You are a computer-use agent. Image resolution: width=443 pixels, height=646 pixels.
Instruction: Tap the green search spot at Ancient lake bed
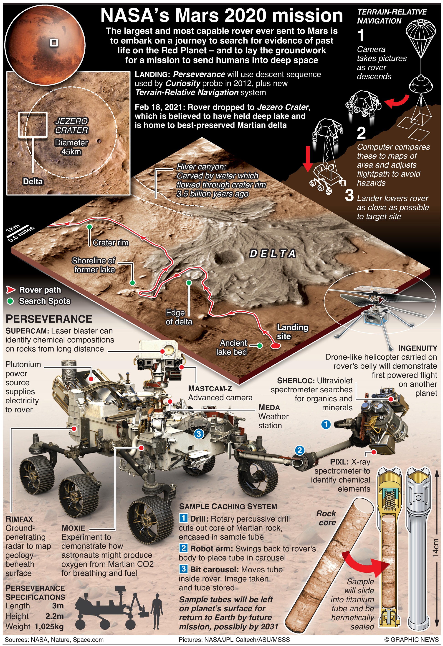pos(260,345)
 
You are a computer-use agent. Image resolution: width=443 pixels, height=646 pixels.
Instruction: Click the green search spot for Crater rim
pos(89,227)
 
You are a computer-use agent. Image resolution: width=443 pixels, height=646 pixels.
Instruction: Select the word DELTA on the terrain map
pos(273,254)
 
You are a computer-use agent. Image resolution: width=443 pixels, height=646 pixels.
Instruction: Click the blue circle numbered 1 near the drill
pos(326,424)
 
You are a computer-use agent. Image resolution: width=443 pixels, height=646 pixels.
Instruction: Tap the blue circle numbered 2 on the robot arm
pos(299,450)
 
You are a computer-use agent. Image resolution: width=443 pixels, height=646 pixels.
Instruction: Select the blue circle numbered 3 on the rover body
pos(199,434)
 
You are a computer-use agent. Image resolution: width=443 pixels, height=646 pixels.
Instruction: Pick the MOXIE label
pos(73,528)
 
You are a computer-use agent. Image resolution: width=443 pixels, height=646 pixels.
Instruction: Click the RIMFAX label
pos(19,519)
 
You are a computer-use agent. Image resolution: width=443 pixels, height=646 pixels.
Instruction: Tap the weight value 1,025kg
pos(49,627)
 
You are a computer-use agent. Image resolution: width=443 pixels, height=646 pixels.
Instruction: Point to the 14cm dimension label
pos(435,548)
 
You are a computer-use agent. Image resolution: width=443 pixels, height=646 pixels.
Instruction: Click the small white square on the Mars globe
pos(54,43)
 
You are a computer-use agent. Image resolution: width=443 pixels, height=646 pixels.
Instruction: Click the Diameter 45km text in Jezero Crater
pos(71,147)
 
